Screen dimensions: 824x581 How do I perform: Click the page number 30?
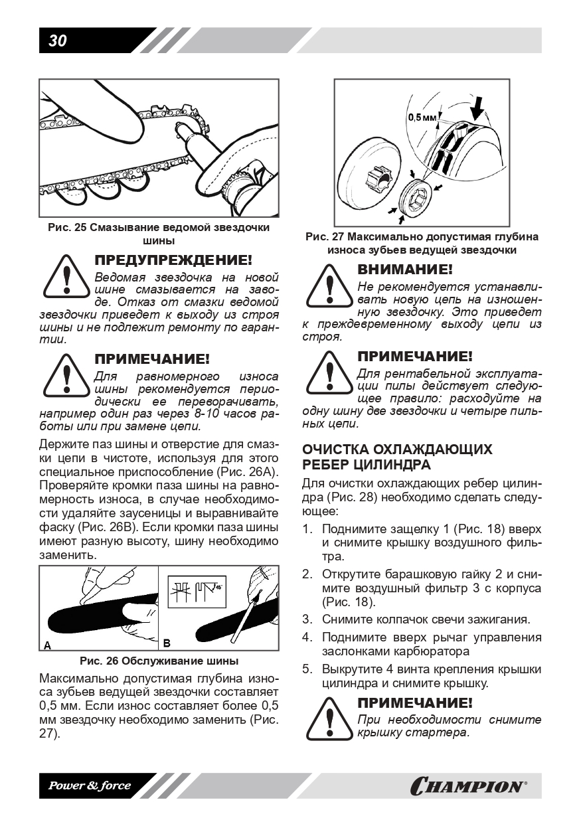pyautogui.click(x=58, y=41)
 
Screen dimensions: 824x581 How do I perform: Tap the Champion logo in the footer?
pyautogui.click(x=469, y=787)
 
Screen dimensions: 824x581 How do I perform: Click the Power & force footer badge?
pyautogui.click(x=90, y=786)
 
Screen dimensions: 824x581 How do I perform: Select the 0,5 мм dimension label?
pyautogui.click(x=422, y=117)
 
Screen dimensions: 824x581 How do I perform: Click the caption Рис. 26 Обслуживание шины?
pyautogui.click(x=159, y=661)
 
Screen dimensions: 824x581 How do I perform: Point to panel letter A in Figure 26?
pyautogui.click(x=47, y=645)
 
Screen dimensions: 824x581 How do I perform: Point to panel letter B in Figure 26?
pyautogui.click(x=167, y=643)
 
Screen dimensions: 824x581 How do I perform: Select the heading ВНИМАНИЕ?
pyautogui.click(x=405, y=270)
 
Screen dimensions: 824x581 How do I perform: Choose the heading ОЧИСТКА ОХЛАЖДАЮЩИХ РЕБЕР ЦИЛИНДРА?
pyautogui.click(x=397, y=456)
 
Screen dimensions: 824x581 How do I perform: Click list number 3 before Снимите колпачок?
pyautogui.click(x=307, y=619)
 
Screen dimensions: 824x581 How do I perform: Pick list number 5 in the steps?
pyautogui.click(x=307, y=669)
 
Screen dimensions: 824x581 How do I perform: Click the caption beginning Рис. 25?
pyautogui.click(x=159, y=234)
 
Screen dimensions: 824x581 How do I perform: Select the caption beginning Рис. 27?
pyautogui.click(x=422, y=243)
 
